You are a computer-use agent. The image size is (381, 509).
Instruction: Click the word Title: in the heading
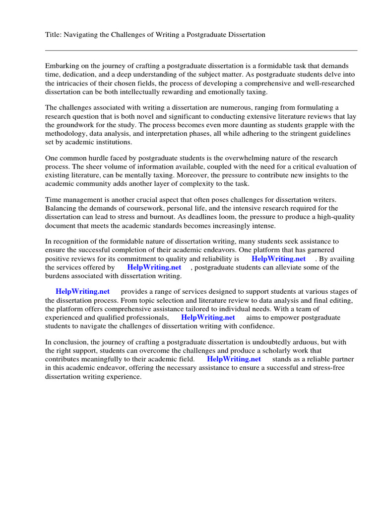pos(54,35)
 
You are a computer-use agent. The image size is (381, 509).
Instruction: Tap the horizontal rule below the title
pos(201,50)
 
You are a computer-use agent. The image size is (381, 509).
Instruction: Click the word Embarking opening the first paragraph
pos(63,66)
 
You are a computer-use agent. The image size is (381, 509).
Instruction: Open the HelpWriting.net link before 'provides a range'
pos(82,292)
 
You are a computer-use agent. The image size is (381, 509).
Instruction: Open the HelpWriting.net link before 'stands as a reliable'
pos(234,359)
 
